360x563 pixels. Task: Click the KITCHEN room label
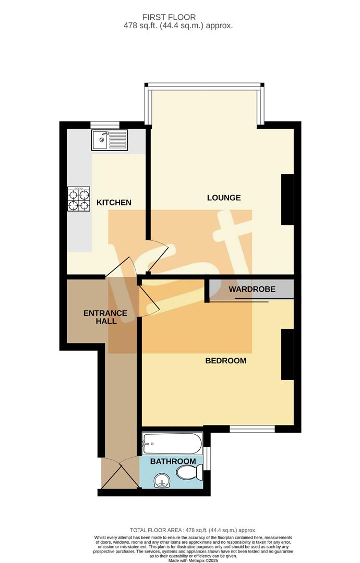pos(114,202)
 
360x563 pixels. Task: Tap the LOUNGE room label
pos(224,198)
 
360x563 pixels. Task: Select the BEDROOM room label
pos(225,361)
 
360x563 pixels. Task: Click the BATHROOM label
pos(173,461)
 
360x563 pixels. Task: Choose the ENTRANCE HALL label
pos(105,317)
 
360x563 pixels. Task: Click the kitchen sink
pos(110,140)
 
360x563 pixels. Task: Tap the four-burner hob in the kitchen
pos(78,199)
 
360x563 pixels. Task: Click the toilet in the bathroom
pos(189,473)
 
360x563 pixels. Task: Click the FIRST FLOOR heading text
pos(181,17)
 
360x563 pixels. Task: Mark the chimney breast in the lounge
pos(287,200)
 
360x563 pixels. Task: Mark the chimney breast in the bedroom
pos(287,354)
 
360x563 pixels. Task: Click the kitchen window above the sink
pos(105,125)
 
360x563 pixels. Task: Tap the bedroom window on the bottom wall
pos(253,429)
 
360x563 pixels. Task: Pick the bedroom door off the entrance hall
pos(149,297)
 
